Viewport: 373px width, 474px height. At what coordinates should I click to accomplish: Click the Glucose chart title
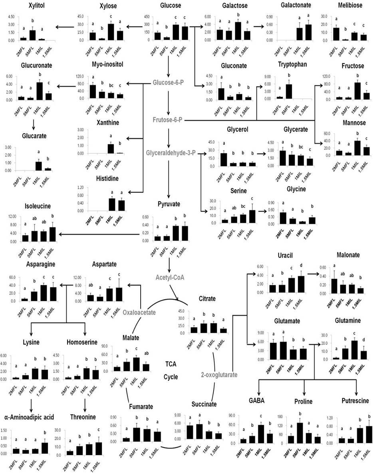click(170, 6)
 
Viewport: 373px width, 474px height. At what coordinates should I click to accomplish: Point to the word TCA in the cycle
click(171, 363)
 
